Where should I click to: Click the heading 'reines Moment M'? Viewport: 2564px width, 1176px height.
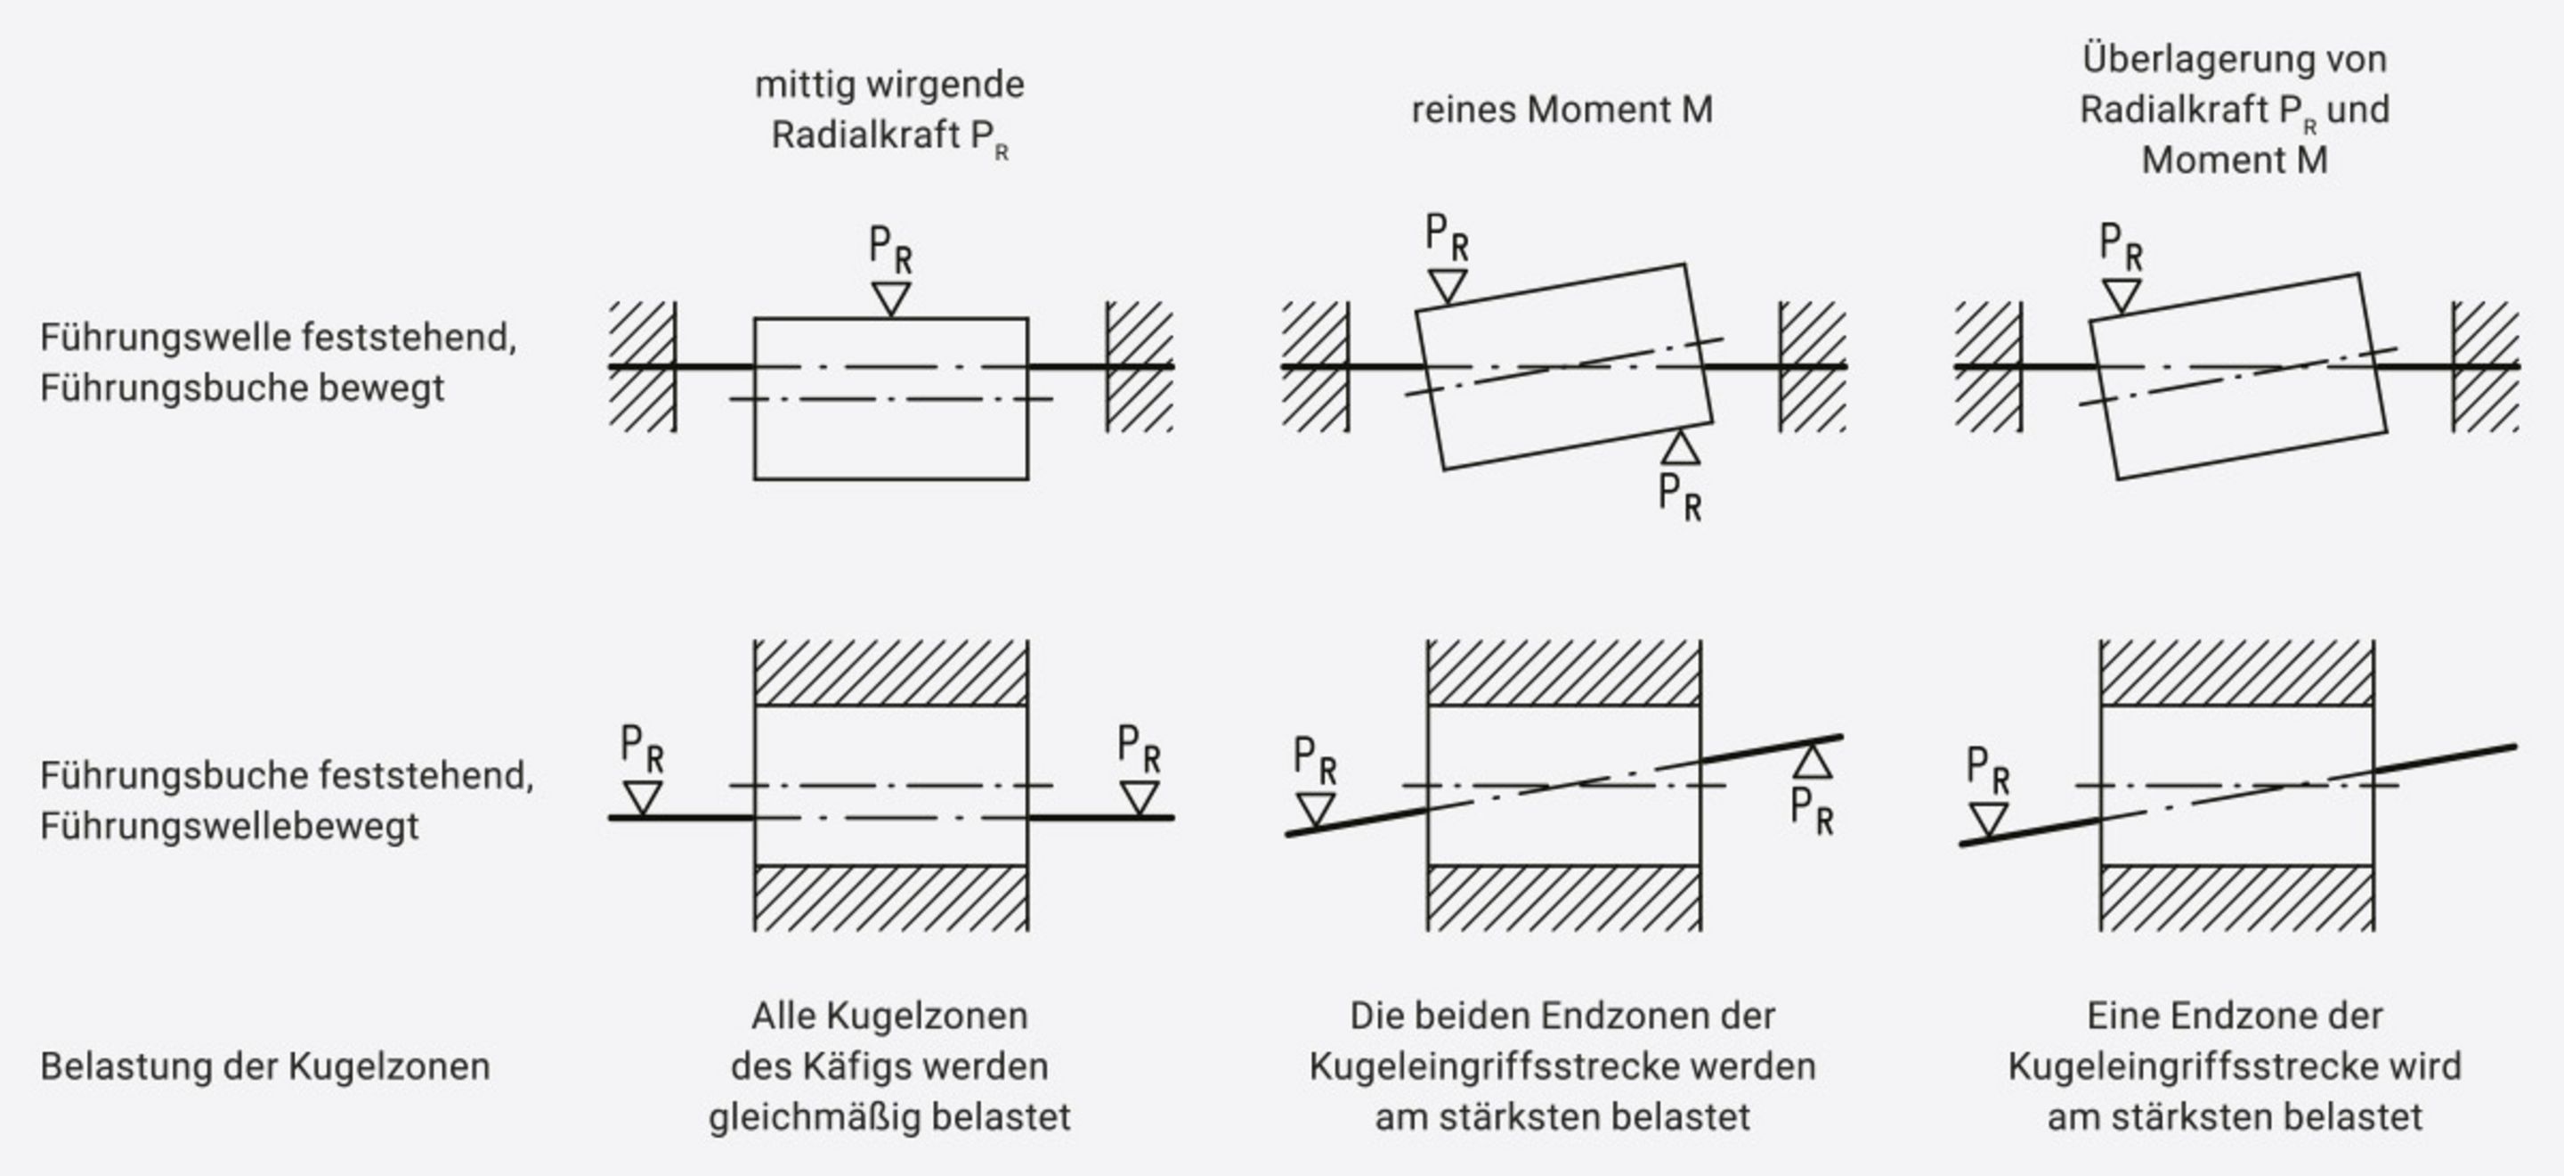point(1562,110)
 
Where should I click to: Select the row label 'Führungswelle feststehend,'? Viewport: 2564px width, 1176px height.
point(278,338)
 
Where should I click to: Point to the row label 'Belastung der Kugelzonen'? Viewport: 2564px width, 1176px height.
point(264,1066)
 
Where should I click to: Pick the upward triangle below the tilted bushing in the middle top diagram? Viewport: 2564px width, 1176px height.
point(1681,448)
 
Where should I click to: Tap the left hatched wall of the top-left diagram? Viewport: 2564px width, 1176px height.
point(642,366)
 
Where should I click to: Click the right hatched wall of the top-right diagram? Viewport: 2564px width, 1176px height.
point(2486,366)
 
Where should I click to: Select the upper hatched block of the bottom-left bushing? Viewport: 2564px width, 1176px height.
point(891,674)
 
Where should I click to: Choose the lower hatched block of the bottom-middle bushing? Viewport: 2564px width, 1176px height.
point(1563,898)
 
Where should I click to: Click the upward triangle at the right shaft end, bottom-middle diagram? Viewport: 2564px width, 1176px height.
point(1813,763)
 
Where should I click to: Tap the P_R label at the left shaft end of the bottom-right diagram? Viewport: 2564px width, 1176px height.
point(1988,771)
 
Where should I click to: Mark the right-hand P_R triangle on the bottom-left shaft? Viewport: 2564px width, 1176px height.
point(1139,796)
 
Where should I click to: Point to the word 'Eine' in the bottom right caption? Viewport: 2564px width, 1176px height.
point(2123,1017)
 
